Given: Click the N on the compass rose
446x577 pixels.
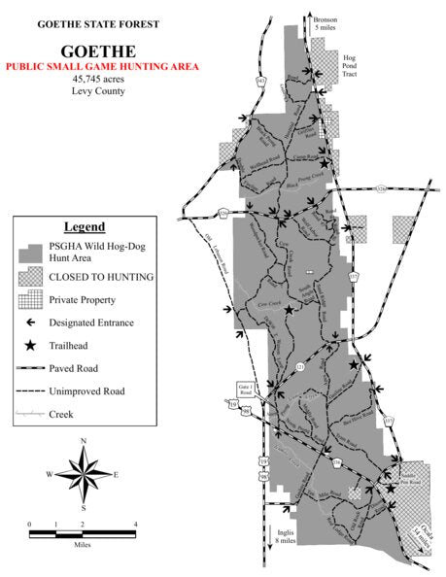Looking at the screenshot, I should pyautogui.click(x=84, y=442).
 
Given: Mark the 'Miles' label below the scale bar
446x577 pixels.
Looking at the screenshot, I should pyautogui.click(x=83, y=544).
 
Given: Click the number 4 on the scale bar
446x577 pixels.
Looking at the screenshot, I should pyautogui.click(x=135, y=525).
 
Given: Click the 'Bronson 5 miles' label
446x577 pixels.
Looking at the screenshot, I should pyautogui.click(x=326, y=23).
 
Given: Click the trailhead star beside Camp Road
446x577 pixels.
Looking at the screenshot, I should pyautogui.click(x=324, y=163).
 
